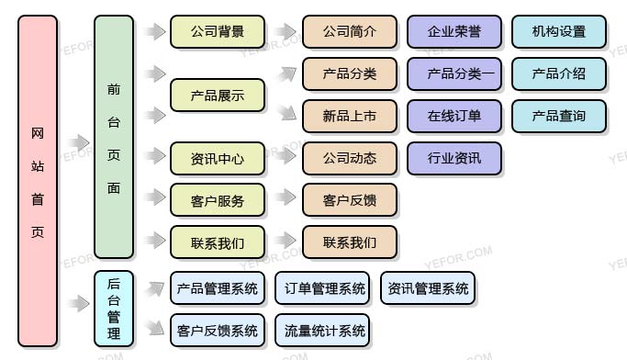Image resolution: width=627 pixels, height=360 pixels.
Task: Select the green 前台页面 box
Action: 114,138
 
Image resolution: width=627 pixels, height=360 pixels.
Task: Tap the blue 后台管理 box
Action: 114,308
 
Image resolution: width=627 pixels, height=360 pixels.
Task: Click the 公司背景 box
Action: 218,31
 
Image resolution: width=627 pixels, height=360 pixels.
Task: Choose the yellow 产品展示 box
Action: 218,95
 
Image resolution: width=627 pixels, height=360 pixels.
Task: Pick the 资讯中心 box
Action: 218,158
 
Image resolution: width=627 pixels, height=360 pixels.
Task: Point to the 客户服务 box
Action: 218,200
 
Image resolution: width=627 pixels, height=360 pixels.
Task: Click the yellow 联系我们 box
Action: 218,242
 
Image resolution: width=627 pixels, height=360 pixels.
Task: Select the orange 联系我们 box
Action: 350,242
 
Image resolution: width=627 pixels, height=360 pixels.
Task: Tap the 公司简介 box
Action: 350,31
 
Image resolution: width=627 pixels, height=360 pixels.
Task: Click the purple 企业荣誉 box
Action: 454,31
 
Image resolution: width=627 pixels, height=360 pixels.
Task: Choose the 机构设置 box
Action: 558,31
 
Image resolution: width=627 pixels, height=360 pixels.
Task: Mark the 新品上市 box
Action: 350,116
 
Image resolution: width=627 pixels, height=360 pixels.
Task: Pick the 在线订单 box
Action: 454,116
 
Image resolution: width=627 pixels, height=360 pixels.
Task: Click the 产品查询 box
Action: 558,116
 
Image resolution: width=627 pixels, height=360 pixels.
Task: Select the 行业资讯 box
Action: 454,158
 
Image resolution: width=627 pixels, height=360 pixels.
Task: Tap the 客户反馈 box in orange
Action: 350,200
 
